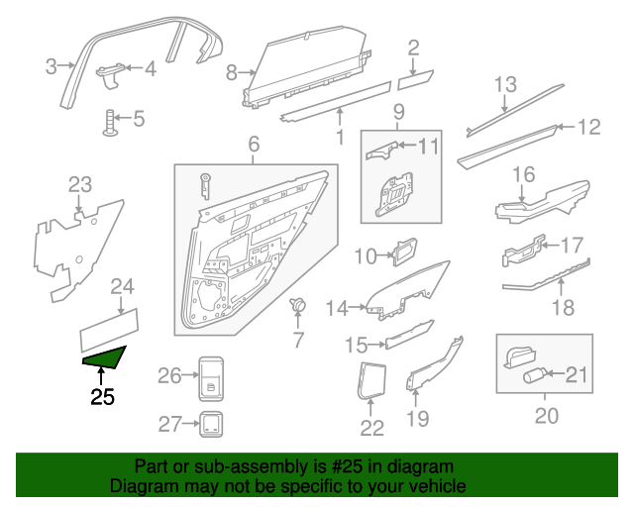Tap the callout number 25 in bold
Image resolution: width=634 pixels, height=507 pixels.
[x=102, y=398]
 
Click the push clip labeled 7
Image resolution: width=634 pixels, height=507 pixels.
[x=295, y=306]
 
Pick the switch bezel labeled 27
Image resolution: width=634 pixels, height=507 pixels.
[x=210, y=424]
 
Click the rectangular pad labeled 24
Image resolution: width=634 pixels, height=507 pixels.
[x=109, y=322]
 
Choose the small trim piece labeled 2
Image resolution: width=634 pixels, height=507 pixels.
[x=417, y=74]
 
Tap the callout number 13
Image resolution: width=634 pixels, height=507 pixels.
[x=505, y=84]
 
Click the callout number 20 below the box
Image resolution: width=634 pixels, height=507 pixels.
[x=547, y=416]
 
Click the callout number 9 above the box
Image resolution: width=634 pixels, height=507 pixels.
[x=398, y=110]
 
